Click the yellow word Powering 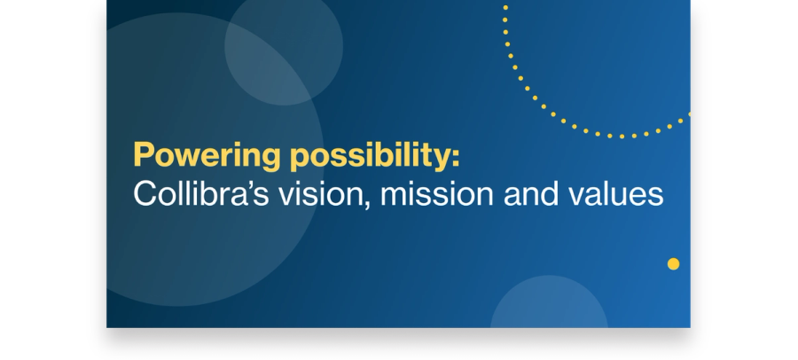(x=207, y=156)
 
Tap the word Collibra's (x=200, y=193)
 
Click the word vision (x=321, y=194)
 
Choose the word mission (x=436, y=194)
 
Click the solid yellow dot (x=673, y=263)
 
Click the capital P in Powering (x=144, y=154)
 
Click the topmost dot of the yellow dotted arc (x=505, y=8)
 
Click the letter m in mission (x=395, y=196)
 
